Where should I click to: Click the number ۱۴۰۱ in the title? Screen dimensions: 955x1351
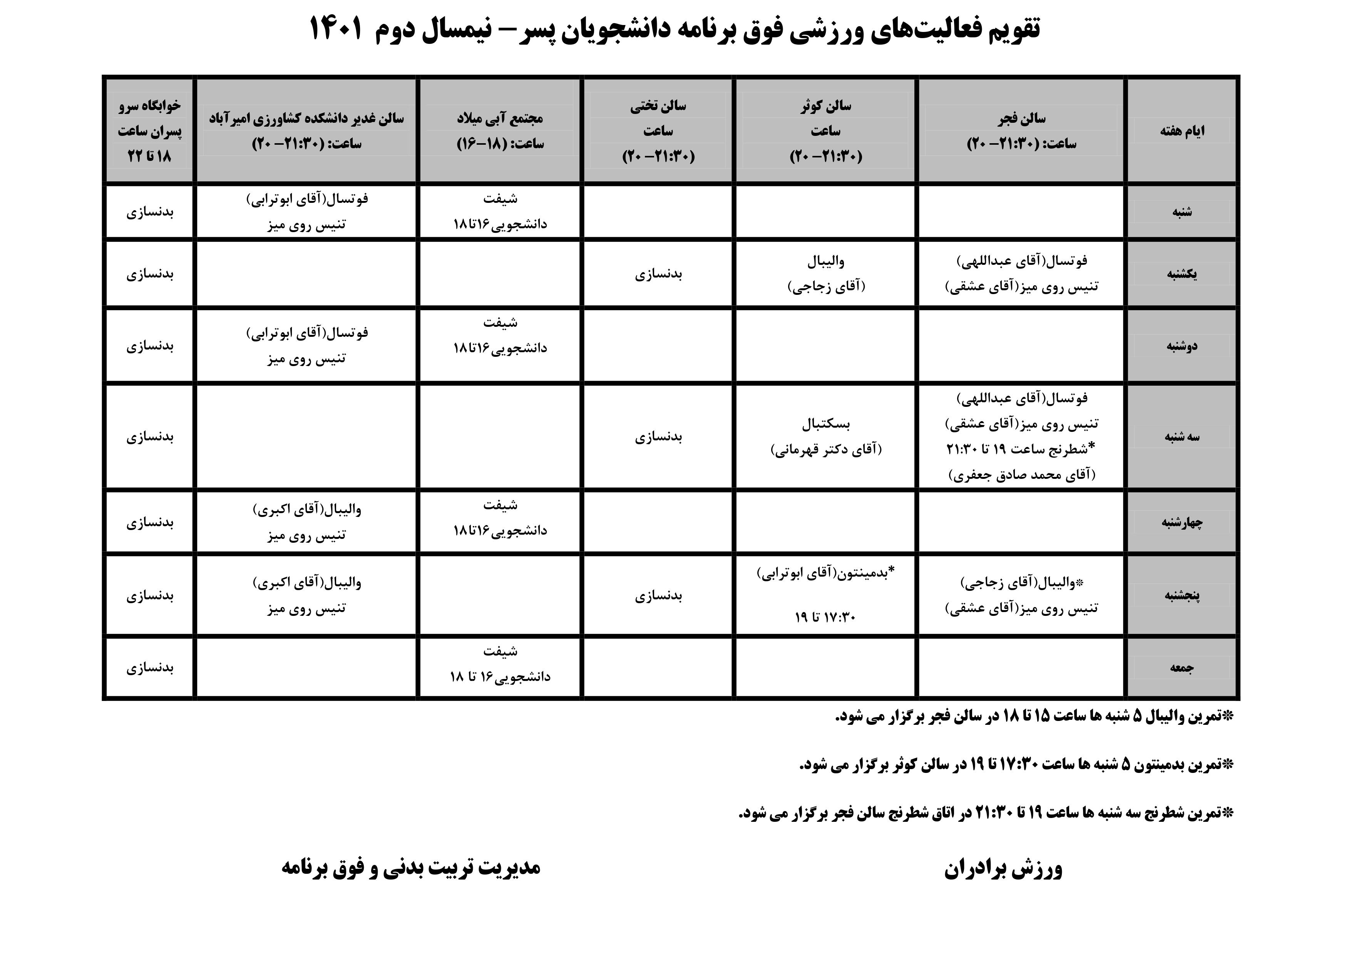tap(336, 28)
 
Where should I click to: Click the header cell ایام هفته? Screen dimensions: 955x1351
tap(1182, 130)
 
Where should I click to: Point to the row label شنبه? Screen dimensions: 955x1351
tap(1182, 212)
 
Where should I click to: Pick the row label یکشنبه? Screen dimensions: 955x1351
tap(1182, 274)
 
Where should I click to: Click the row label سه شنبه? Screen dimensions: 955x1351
tap(1182, 437)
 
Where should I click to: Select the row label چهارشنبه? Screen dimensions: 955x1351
tap(1182, 522)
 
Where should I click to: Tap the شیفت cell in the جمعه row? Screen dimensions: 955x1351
tap(500, 664)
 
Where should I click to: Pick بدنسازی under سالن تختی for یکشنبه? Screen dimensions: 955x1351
tap(658, 274)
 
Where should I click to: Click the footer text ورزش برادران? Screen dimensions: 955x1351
tap(1003, 868)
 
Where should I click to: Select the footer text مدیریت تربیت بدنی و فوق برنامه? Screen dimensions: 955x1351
tap(411, 867)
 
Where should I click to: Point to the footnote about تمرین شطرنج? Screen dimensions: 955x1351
tap(986, 813)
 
